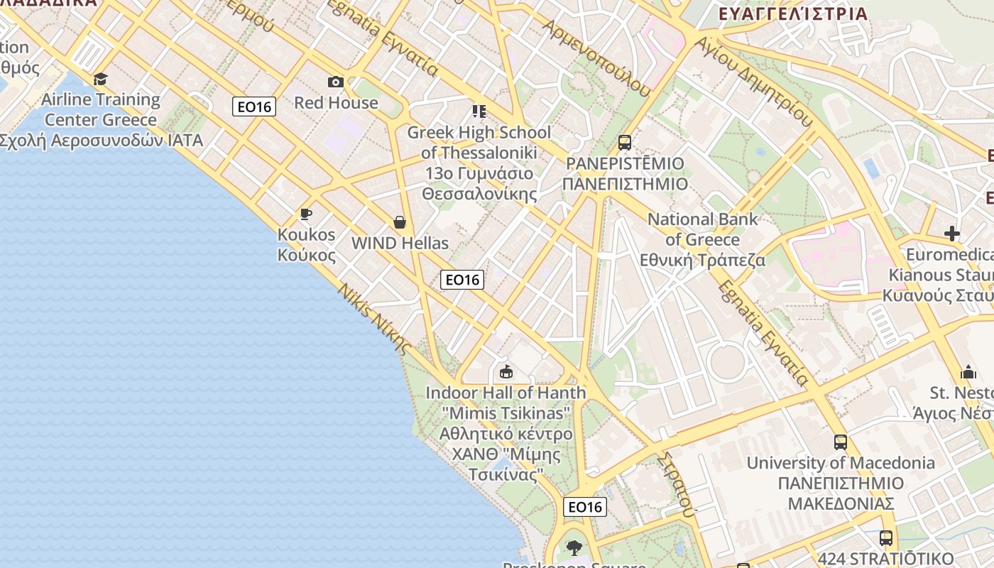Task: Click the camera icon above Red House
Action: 336,82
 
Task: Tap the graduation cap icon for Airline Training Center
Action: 100,79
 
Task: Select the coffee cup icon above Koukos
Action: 306,214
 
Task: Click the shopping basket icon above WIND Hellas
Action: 400,223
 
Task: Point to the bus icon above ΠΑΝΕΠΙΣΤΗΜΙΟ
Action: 625,143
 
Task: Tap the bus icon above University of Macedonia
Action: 841,442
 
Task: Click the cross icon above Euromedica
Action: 951,234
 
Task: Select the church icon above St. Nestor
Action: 968,372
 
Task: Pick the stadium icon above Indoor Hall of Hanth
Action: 506,371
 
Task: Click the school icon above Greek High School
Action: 479,111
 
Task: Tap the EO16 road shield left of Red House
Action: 253,106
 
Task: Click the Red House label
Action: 336,103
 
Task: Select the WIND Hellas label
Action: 400,244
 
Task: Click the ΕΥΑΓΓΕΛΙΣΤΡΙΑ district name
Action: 793,13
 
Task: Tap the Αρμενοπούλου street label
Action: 596,56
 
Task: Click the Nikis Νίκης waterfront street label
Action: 374,319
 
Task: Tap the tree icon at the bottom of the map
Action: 574,547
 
